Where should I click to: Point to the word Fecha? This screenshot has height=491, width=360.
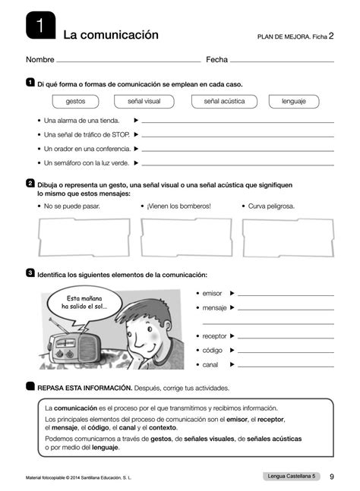point(216,59)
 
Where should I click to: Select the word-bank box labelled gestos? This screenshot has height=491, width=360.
point(76,100)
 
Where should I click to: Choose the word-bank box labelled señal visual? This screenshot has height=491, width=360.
point(145,100)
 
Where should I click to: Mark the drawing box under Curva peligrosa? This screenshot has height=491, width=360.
point(288,238)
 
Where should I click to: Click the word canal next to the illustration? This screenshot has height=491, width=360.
point(210,364)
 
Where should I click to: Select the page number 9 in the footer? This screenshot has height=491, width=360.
point(332,477)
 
